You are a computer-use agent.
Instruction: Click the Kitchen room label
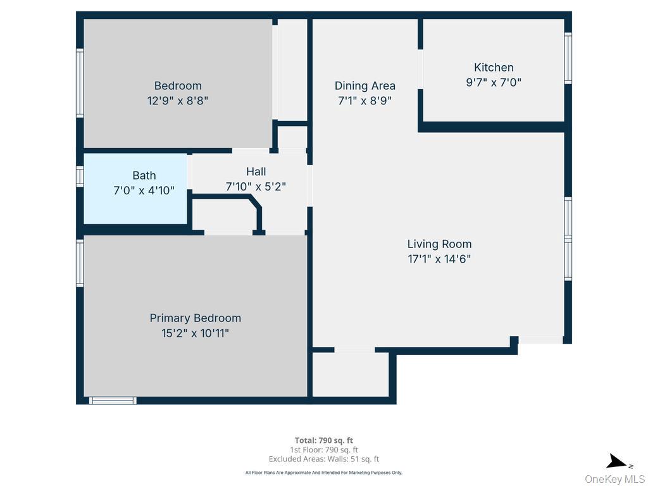click(x=494, y=67)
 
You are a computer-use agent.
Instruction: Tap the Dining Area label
click(x=364, y=85)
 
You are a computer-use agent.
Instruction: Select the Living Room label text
click(x=439, y=244)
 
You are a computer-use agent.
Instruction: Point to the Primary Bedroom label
click(x=195, y=318)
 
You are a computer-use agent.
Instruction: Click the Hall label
click(x=256, y=171)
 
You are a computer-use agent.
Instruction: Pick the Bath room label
click(x=144, y=175)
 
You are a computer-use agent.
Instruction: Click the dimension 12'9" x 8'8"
click(x=177, y=100)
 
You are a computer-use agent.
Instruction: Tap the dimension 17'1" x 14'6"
click(x=439, y=258)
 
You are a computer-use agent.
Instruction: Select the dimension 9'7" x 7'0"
click(x=494, y=82)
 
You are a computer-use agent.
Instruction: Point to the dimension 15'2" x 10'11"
click(x=195, y=333)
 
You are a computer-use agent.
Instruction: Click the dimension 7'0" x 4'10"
click(x=144, y=190)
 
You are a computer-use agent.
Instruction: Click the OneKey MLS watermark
click(x=614, y=478)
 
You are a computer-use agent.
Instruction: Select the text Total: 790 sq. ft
click(x=323, y=440)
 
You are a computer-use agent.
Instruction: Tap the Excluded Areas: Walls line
click(x=323, y=459)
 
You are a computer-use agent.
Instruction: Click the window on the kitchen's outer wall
click(x=568, y=58)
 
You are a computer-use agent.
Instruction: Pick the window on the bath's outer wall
click(x=80, y=176)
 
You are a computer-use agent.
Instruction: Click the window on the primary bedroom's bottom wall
click(x=113, y=400)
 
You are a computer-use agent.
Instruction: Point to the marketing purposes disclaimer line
click(x=323, y=472)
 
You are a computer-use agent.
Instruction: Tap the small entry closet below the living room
click(x=351, y=374)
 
